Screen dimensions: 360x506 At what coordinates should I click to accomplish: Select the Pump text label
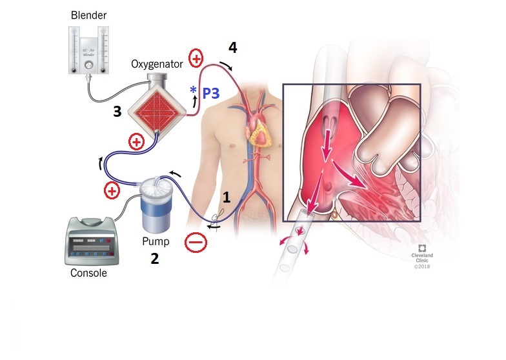tap(154, 242)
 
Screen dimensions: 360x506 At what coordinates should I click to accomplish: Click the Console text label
tap(88, 273)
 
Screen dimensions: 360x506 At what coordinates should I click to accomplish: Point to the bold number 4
tap(232, 47)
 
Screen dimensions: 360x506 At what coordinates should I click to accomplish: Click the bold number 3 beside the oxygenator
tap(117, 112)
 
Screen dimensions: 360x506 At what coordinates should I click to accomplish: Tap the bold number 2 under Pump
tap(154, 259)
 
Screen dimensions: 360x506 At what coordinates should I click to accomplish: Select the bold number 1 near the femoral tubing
tap(226, 197)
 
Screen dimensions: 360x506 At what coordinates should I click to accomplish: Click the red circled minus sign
tap(195, 243)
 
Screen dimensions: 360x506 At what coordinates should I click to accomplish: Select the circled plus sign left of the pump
tap(112, 190)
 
